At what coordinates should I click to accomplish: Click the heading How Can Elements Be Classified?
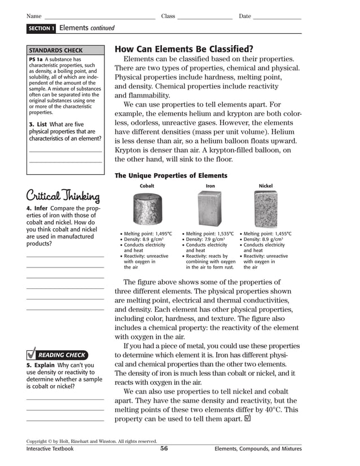coord(183,49)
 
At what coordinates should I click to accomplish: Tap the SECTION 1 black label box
coord(41,28)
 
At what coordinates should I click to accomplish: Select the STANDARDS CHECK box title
coord(56,50)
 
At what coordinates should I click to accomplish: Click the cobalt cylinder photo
coord(147,208)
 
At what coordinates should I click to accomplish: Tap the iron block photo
coord(209,208)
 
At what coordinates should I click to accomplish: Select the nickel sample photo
coord(265,208)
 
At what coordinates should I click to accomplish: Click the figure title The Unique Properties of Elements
coord(171,175)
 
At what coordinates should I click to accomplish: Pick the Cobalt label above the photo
coord(147,185)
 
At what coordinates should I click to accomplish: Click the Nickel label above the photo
coord(265,185)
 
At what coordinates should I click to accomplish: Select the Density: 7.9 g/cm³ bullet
coord(203,239)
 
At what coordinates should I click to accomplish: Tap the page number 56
coord(164,449)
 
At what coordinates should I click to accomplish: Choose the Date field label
coord(244,16)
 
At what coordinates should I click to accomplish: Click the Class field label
coord(168,16)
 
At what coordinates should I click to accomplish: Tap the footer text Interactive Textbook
coord(50,449)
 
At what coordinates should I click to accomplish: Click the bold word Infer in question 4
coord(41,208)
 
